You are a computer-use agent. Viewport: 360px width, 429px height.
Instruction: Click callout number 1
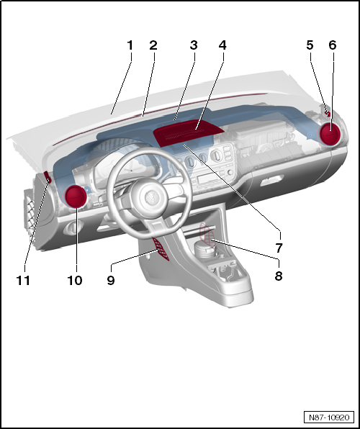click(x=130, y=45)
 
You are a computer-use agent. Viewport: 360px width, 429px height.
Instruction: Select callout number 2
click(x=153, y=45)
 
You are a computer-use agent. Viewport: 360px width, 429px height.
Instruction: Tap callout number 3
click(x=194, y=45)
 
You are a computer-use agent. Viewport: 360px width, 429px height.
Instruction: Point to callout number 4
click(x=222, y=45)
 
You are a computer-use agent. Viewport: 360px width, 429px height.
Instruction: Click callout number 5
click(x=310, y=45)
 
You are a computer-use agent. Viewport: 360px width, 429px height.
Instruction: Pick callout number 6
click(x=332, y=45)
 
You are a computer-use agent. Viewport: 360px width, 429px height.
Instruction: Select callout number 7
click(x=279, y=247)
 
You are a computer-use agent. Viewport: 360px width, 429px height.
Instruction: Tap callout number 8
click(x=278, y=274)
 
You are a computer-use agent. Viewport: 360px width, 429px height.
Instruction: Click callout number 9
click(x=111, y=280)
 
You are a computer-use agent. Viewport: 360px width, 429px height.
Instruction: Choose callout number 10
click(x=75, y=280)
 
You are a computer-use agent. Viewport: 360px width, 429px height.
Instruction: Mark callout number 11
click(x=24, y=280)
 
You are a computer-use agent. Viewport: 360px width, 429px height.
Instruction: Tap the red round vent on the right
click(x=332, y=135)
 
